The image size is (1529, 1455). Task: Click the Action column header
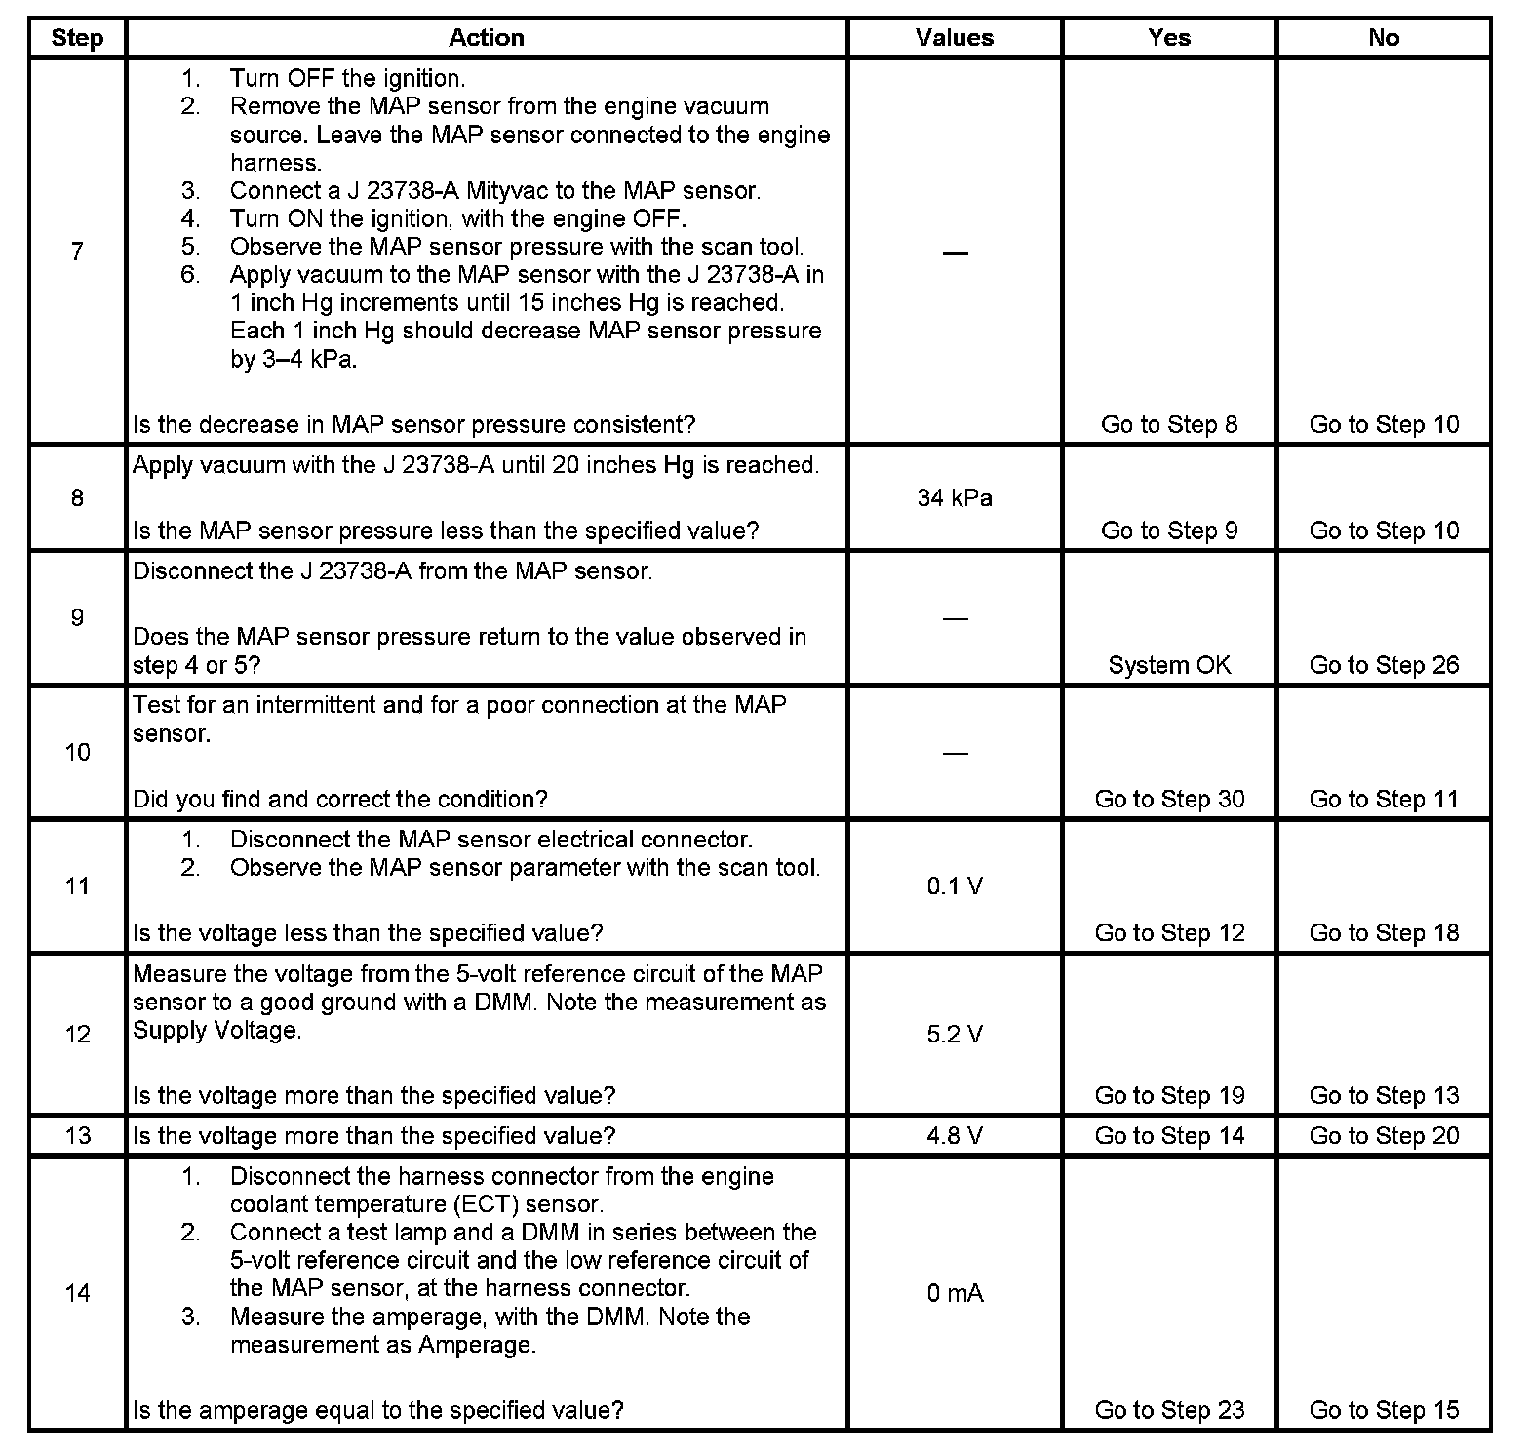pos(486,38)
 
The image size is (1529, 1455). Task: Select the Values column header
pos(955,38)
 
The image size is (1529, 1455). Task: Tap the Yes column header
pos(1169,38)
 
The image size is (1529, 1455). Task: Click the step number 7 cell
pos(77,252)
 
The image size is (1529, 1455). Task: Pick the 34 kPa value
pos(955,498)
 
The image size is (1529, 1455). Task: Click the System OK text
pos(1169,665)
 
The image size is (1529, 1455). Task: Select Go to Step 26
pos(1384,665)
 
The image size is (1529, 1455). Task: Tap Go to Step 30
pos(1169,800)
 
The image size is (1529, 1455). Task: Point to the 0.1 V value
pos(955,886)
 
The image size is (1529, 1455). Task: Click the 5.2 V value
pos(955,1035)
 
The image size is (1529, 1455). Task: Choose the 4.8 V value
pos(955,1136)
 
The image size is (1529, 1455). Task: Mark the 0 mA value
pos(955,1294)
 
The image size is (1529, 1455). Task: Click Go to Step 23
pos(1169,1410)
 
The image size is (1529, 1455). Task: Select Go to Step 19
pos(1169,1096)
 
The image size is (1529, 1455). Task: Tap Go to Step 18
pos(1384,933)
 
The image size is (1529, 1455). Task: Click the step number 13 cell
pos(77,1136)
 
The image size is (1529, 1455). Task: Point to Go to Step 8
pos(1169,425)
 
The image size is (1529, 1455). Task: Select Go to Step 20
pos(1384,1136)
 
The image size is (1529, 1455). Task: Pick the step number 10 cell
pos(77,752)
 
